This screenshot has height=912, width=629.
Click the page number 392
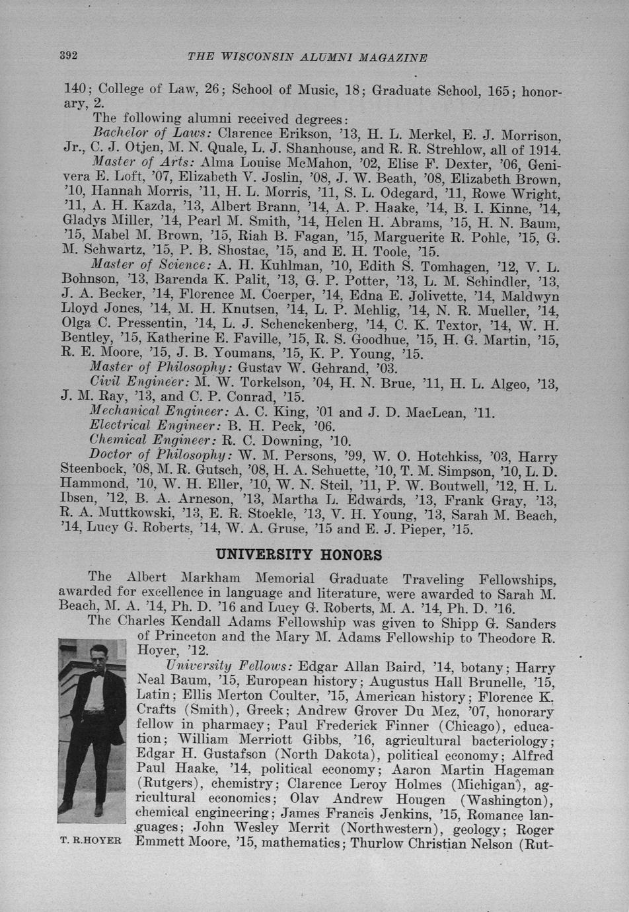pos(69,56)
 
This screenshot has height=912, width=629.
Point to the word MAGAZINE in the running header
pos(392,57)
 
